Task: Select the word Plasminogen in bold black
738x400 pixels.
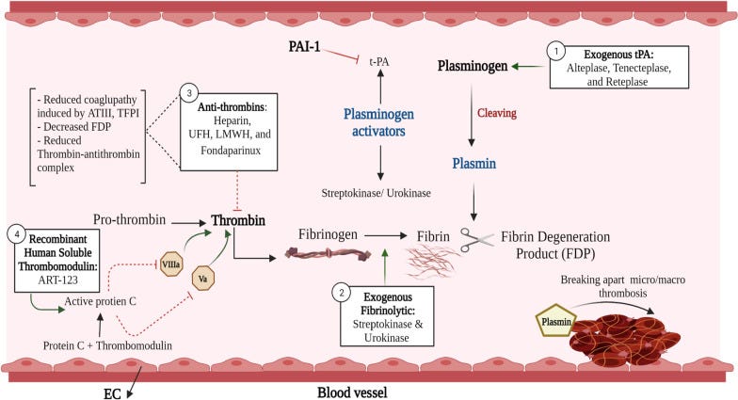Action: point(473,66)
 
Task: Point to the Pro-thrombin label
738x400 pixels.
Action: point(130,218)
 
